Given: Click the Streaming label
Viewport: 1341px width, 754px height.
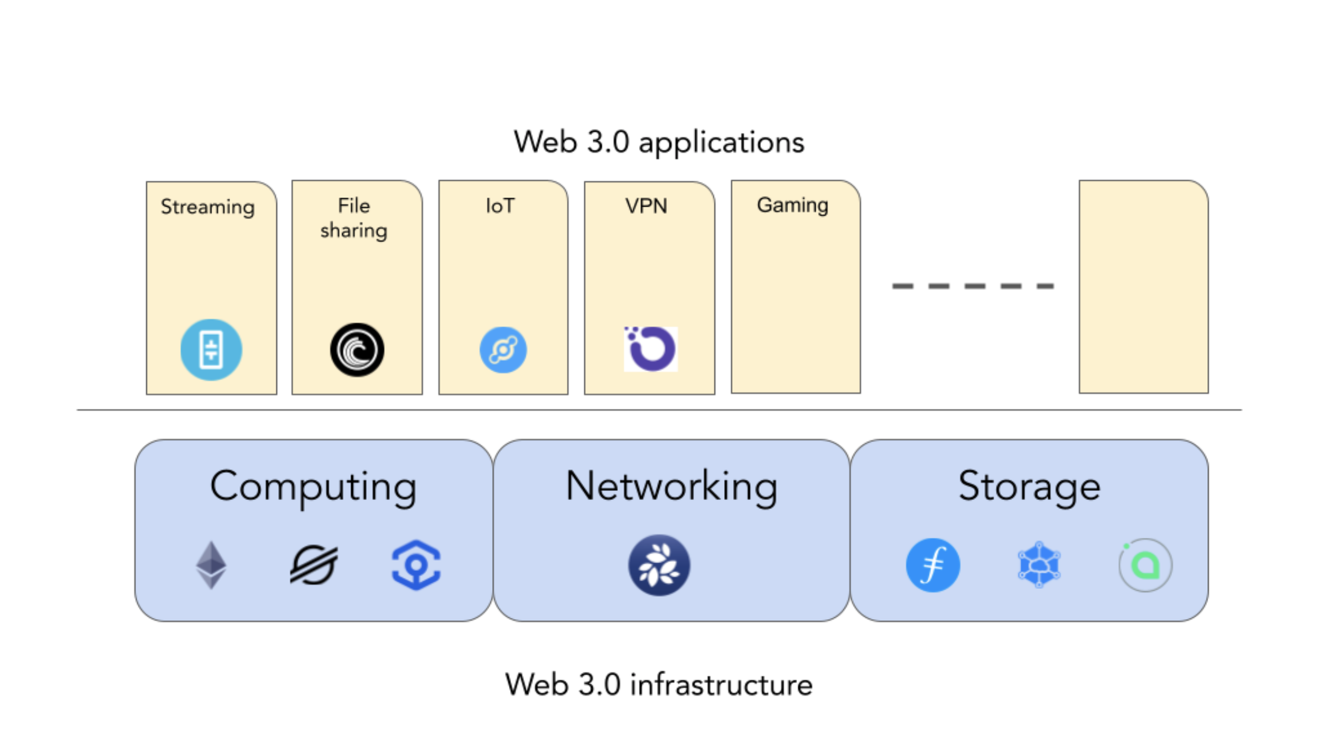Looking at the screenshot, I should (207, 206).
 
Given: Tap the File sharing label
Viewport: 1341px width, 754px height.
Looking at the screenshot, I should (354, 218).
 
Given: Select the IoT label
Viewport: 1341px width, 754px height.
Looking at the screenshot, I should (500, 206).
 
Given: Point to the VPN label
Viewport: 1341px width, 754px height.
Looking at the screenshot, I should (646, 206).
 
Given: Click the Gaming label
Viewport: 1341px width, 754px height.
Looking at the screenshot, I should (792, 205).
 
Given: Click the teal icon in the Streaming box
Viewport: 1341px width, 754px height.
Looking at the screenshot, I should (211, 349).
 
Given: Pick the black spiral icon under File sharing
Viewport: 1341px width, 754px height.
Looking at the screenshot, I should (357, 349).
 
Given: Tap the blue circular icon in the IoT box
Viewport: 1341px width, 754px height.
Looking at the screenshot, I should (503, 349).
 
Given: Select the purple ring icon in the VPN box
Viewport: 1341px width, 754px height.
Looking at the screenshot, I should (650, 349).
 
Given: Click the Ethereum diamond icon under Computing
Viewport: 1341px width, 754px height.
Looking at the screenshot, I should (211, 564).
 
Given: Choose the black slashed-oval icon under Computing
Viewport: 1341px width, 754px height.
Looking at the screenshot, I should (314, 564).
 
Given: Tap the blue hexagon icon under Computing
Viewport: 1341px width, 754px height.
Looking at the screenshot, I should (416, 565).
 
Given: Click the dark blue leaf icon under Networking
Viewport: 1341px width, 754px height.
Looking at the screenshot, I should (659, 564).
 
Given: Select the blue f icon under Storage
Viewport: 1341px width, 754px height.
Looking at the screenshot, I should (932, 564).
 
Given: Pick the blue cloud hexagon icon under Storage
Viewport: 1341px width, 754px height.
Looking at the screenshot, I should (1039, 564).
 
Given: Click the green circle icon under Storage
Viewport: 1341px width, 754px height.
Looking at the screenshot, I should (1145, 564).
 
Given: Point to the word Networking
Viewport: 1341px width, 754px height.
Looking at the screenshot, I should (671, 486).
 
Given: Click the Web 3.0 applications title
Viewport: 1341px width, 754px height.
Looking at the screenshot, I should (659, 142).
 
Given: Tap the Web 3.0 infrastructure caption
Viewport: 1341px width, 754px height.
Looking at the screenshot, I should (659, 685).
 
